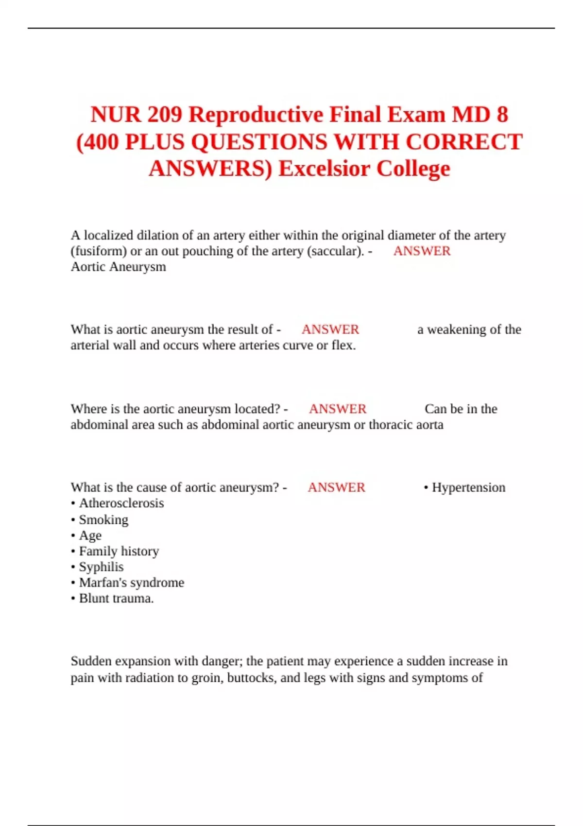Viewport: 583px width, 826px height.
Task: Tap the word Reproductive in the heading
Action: point(256,115)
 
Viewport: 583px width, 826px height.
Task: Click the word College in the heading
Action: point(413,169)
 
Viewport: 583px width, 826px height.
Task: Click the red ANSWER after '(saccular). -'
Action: point(422,251)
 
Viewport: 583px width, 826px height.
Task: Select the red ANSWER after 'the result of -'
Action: point(330,329)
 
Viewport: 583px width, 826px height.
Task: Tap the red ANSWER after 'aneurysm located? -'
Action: point(338,409)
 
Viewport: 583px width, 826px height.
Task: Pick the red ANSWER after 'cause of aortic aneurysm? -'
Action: point(336,487)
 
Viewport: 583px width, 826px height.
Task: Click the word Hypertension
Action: point(468,487)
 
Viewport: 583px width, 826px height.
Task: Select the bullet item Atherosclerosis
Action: point(121,503)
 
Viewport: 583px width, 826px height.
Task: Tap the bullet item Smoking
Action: point(103,519)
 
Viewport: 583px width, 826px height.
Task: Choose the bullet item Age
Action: point(90,535)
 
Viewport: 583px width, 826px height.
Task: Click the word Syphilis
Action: point(101,567)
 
